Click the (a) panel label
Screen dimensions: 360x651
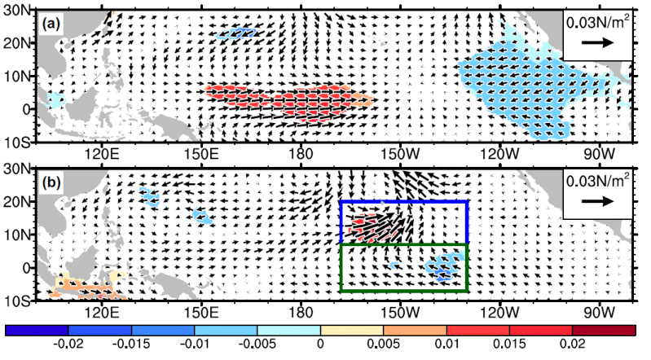[x=51, y=24]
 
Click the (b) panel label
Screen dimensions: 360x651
[x=51, y=183]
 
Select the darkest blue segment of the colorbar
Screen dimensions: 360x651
[x=37, y=330]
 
